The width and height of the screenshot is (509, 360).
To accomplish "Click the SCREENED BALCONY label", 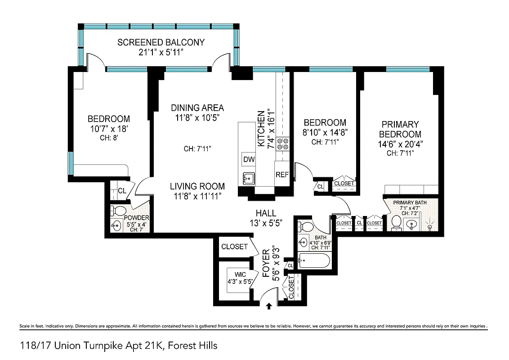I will click(161, 42).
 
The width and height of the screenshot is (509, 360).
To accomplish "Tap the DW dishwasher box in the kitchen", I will click(248, 159).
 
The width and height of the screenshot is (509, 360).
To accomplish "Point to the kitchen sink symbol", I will click(249, 178).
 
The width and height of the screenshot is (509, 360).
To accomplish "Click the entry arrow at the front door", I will click(269, 306).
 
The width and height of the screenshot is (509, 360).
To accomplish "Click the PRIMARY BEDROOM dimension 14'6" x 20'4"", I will click(400, 144).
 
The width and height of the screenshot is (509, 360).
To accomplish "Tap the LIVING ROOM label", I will click(197, 186).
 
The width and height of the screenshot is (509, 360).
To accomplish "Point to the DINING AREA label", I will click(197, 108).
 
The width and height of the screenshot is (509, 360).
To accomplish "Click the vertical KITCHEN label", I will click(261, 128).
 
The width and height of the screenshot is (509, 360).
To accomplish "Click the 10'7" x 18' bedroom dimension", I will click(108, 129).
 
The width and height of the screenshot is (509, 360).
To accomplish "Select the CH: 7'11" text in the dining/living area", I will click(197, 148).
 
